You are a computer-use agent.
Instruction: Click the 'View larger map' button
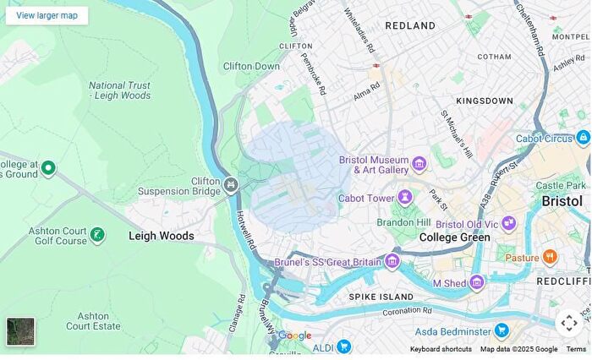(x=47, y=15)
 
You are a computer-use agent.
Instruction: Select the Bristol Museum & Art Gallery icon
(x=419, y=163)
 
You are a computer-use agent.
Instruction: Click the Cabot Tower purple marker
(x=405, y=198)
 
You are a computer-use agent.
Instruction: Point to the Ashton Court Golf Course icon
(x=98, y=234)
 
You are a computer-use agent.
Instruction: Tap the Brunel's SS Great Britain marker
(x=392, y=262)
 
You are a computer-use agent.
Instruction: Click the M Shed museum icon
(x=477, y=282)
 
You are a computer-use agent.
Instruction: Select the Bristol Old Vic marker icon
(x=508, y=224)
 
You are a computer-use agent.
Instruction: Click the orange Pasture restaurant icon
(x=551, y=257)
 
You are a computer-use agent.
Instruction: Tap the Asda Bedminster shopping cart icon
(x=502, y=330)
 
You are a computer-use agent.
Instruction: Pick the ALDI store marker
(x=343, y=346)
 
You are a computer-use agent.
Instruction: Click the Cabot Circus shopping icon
(x=583, y=138)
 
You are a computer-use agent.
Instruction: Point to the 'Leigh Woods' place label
(x=161, y=236)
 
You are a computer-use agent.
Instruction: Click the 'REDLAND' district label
(x=410, y=26)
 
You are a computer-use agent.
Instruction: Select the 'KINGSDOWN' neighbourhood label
(x=485, y=101)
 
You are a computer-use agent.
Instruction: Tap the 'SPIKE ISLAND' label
(x=381, y=297)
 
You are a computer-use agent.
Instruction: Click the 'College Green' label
(x=454, y=237)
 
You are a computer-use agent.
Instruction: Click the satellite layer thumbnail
(x=21, y=331)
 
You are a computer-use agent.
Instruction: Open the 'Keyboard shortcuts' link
(x=441, y=349)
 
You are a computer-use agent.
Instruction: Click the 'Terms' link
(x=576, y=349)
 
